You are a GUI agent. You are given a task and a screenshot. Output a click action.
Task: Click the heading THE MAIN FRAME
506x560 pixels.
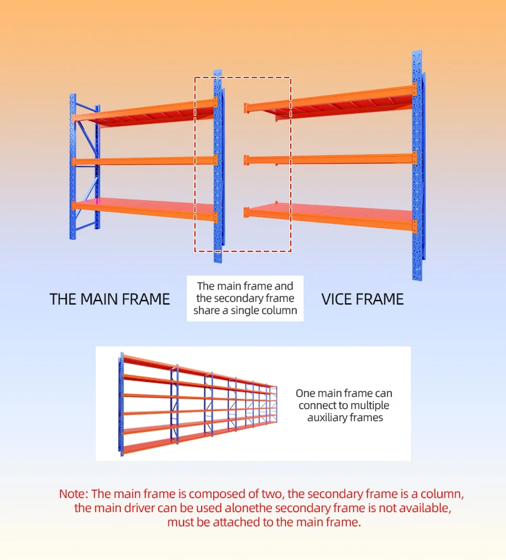click(109, 299)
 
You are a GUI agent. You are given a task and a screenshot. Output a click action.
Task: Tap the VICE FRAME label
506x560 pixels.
click(362, 299)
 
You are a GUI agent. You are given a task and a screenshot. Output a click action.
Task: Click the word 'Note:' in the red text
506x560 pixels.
click(74, 493)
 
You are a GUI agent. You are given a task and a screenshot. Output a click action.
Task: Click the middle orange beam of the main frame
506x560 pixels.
click(144, 160)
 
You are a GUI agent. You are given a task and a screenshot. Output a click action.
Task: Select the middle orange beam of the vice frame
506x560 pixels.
click(330, 158)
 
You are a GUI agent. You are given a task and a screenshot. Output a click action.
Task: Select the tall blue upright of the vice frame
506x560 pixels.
click(418, 166)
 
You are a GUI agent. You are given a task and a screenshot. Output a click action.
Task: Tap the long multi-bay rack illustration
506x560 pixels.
click(198, 404)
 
